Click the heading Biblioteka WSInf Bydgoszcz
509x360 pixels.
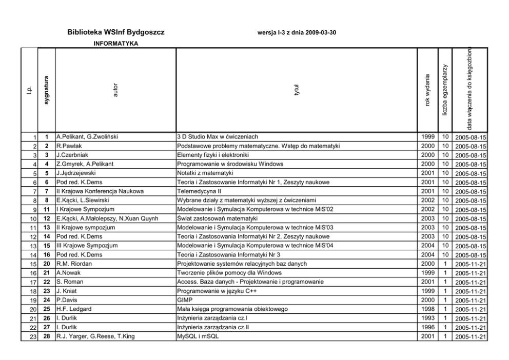tap(115, 32)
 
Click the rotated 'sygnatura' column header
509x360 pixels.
tap(47, 90)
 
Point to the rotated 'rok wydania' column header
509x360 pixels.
tap(427, 90)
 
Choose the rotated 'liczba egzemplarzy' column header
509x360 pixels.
tap(445, 90)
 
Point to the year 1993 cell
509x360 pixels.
tap(427, 318)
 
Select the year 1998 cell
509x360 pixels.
tap(427, 309)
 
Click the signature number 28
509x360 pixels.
tap(46, 336)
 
